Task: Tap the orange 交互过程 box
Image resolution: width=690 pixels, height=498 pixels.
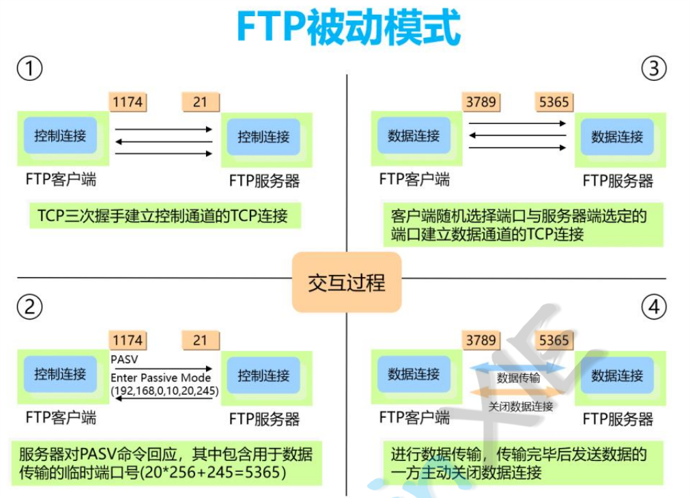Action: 347,282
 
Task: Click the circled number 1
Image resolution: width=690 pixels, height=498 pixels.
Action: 30,68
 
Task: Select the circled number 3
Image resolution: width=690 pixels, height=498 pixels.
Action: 653,68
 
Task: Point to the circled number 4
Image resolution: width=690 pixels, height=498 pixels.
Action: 653,307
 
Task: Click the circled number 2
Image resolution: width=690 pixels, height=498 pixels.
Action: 30,307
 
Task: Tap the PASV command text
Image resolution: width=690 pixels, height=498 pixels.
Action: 124,360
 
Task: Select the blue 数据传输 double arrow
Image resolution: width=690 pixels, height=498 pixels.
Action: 518,368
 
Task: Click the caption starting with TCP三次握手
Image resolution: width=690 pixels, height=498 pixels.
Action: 162,216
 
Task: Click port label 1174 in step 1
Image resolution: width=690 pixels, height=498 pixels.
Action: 127,102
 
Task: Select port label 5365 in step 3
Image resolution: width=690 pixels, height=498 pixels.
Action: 554,102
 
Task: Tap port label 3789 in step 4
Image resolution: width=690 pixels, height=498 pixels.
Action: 481,340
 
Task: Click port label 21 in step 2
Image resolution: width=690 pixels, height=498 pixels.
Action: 200,340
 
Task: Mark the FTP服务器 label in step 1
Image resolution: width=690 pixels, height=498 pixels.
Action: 264,181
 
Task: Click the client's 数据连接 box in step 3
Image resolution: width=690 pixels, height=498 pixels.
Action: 413,135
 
